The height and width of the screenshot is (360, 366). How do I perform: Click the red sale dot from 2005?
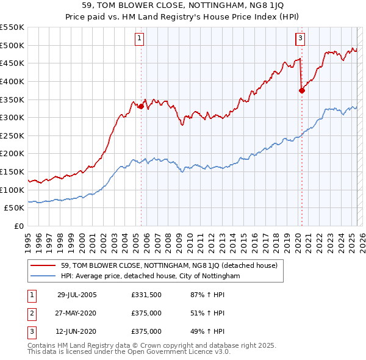pos(141,106)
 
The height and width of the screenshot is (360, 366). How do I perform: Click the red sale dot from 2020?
pos(302,90)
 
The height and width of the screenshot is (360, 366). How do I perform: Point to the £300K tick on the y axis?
pos(13,117)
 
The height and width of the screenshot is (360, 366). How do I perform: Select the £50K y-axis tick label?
pos(15,208)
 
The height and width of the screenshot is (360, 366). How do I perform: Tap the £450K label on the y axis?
pos(13,63)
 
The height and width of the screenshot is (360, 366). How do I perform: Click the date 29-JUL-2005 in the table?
pos(77,295)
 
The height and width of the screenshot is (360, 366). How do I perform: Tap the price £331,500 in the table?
pos(146,295)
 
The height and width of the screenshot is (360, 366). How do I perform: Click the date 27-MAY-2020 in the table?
pos(77,313)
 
